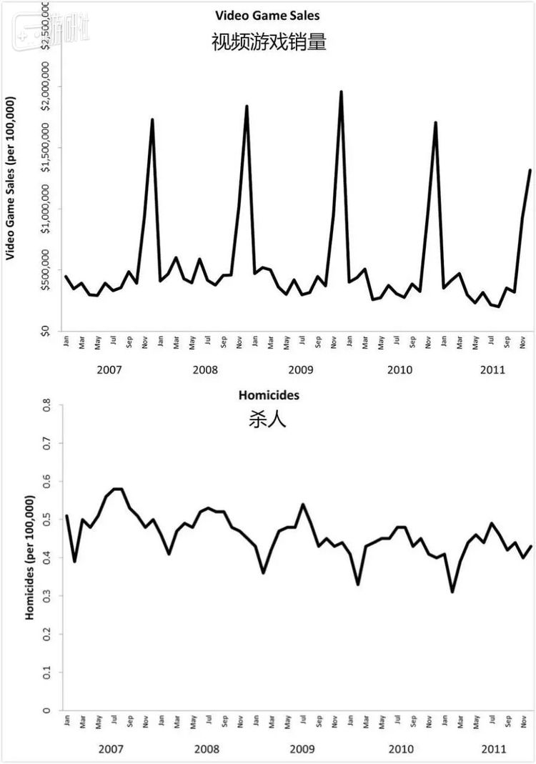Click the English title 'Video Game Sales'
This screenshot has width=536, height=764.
pos(268,15)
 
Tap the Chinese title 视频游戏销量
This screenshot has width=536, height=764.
pos(269,42)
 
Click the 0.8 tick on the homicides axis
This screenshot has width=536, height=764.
pos(48,406)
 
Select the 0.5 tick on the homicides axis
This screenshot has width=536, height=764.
pos(48,520)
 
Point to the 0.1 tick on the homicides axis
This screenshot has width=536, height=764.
pos(48,673)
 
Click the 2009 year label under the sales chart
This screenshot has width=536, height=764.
pos(302,370)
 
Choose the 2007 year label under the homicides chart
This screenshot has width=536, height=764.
pos(110,749)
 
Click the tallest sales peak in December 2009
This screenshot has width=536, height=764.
pos(341,92)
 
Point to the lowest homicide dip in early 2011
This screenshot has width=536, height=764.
pos(452,591)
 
